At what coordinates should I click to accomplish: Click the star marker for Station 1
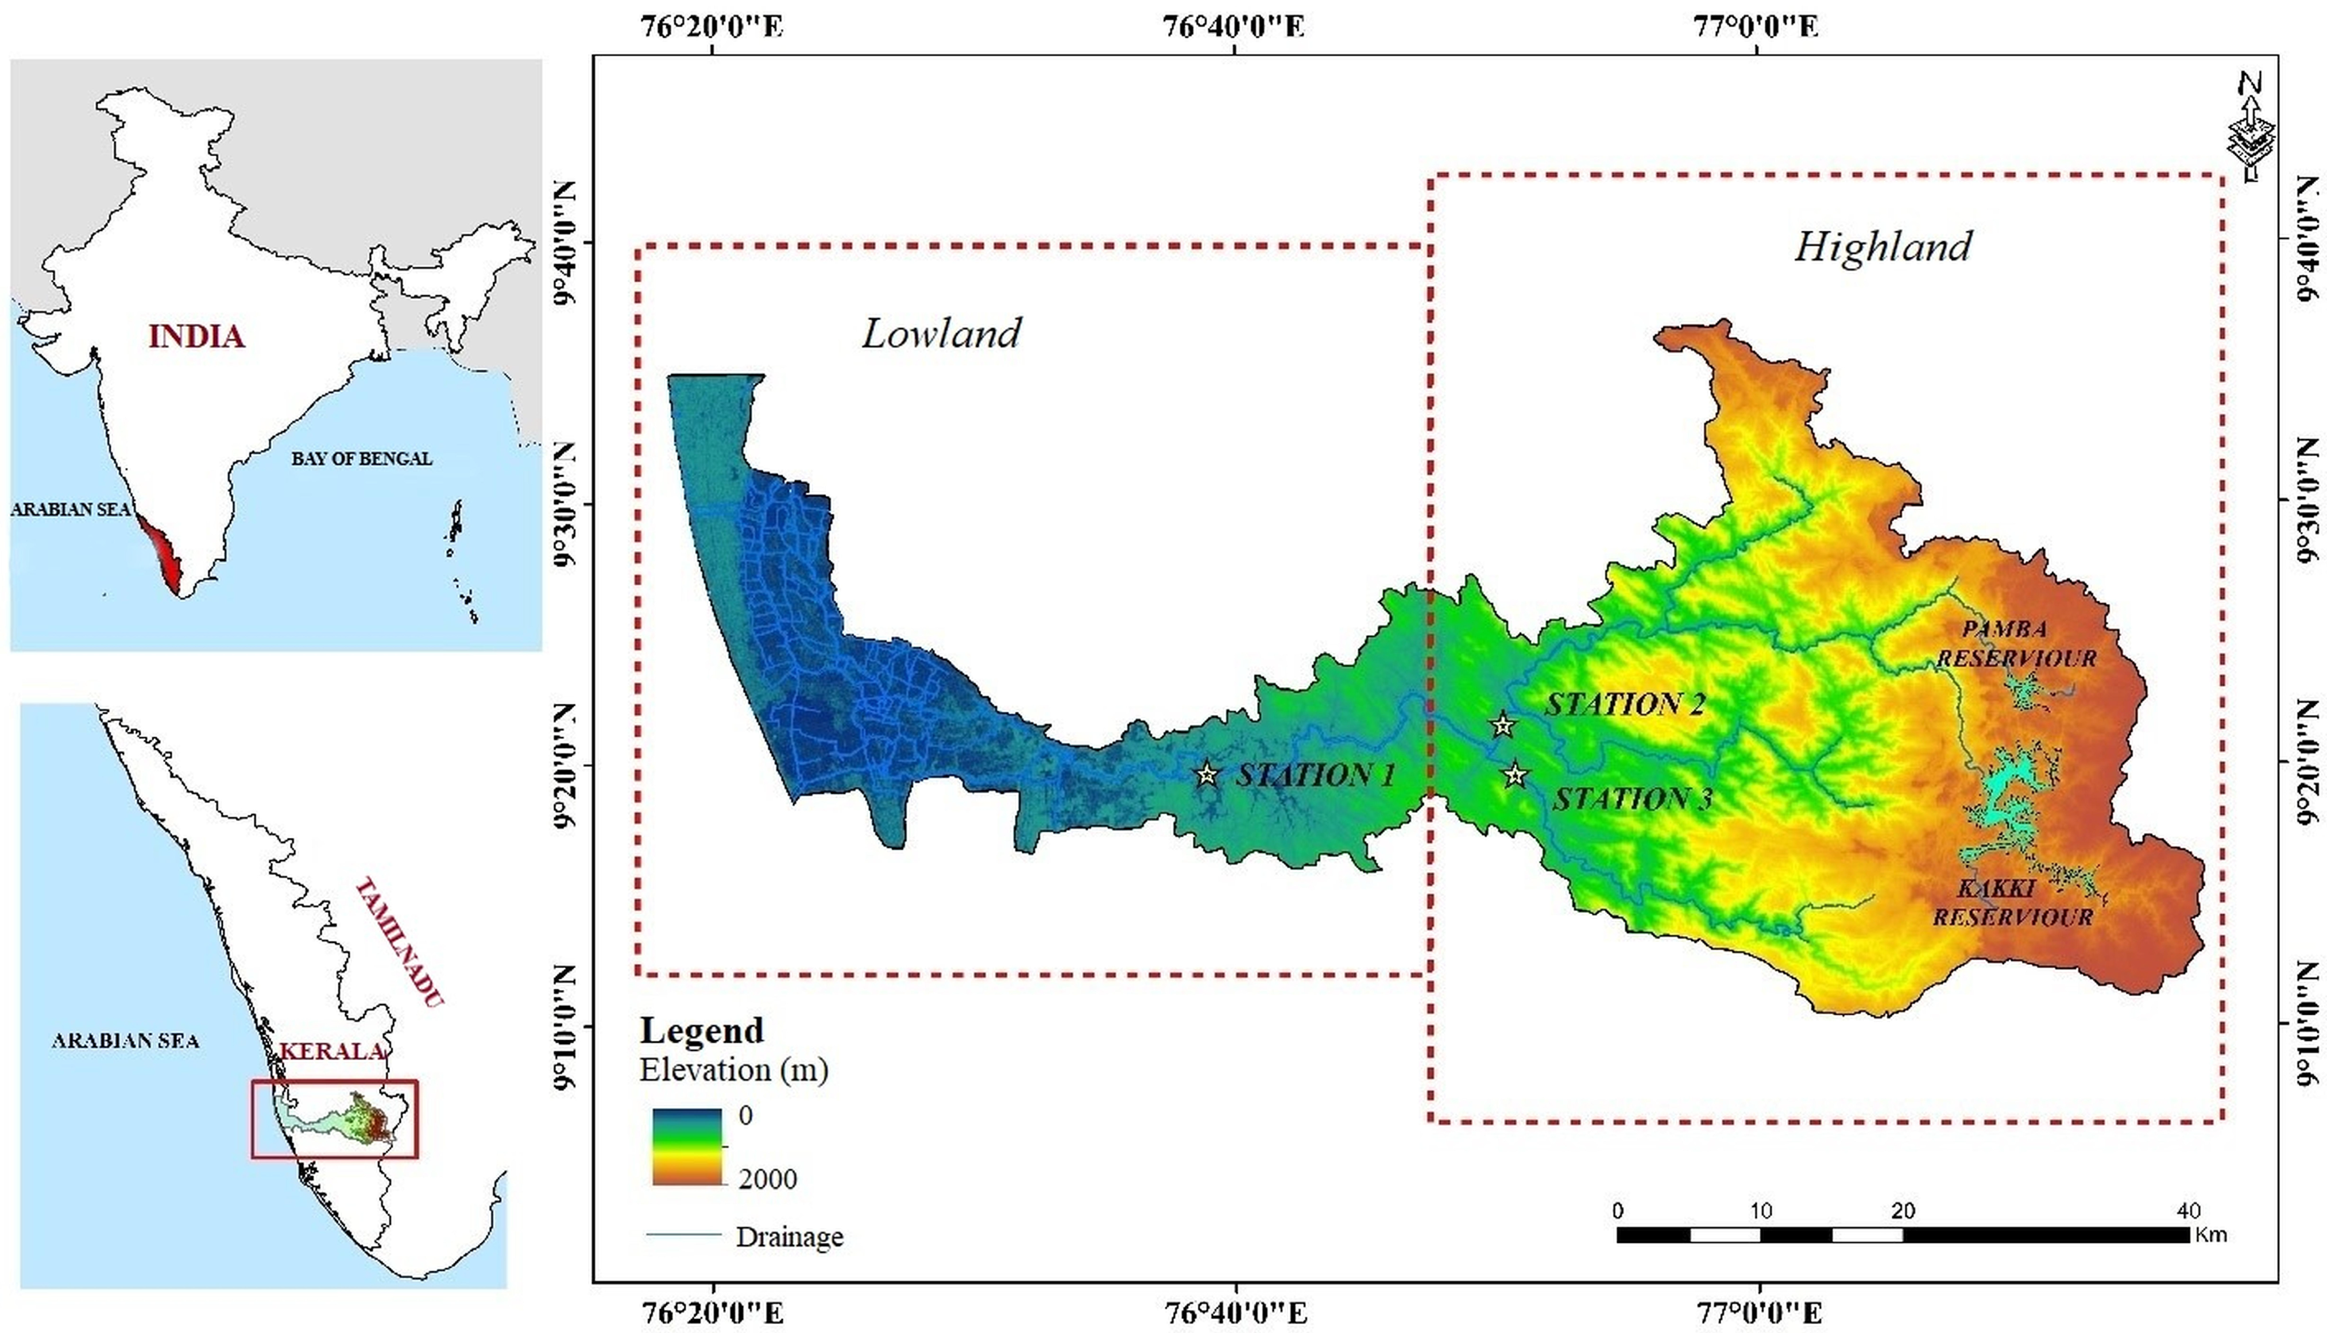tap(1208, 775)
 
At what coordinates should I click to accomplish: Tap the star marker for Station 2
tap(1502, 725)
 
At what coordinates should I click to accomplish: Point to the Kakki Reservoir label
tap(2012, 902)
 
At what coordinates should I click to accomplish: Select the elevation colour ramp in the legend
tap(687, 1146)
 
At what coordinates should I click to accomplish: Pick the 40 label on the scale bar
tap(2188, 1210)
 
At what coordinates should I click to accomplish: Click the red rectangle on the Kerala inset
tap(335, 1119)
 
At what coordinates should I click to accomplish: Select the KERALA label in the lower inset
tap(331, 1051)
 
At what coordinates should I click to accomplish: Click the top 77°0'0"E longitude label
tap(1755, 26)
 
